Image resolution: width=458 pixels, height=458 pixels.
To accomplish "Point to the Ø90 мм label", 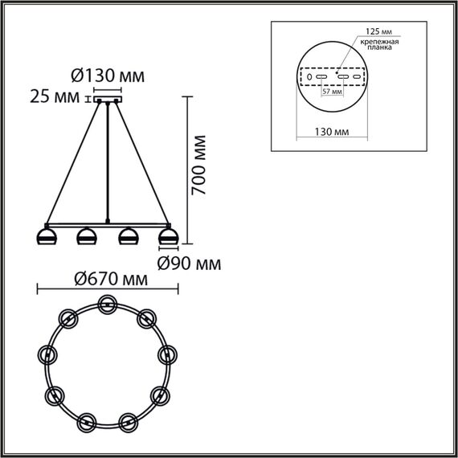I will tap(189, 263).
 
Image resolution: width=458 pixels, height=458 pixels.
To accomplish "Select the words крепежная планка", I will tap(379, 43).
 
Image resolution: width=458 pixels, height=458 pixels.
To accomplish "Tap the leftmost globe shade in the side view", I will tap(46, 237).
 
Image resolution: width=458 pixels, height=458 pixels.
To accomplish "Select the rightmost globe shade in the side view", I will tap(167, 237).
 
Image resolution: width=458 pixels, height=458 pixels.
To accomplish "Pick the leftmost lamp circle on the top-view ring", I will tap(47, 354).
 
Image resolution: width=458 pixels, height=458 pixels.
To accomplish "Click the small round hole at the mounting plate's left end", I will tap(309, 77).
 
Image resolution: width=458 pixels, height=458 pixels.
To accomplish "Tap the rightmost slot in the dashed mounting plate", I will tap(358, 77).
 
